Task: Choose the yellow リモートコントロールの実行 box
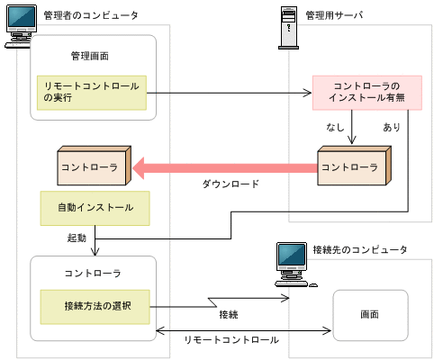pyautogui.click(x=93, y=92)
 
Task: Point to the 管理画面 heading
pyautogui.click(x=89, y=56)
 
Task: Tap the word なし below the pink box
pyautogui.click(x=335, y=128)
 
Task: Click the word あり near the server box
pyautogui.click(x=392, y=128)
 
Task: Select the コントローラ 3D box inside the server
pyautogui.click(x=351, y=166)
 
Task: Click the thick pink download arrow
pyautogui.click(x=225, y=166)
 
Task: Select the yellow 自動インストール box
pyautogui.click(x=95, y=207)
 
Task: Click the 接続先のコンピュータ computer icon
pyautogui.click(x=293, y=264)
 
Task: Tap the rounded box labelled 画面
pyautogui.click(x=370, y=314)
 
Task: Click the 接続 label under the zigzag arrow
pyautogui.click(x=229, y=314)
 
